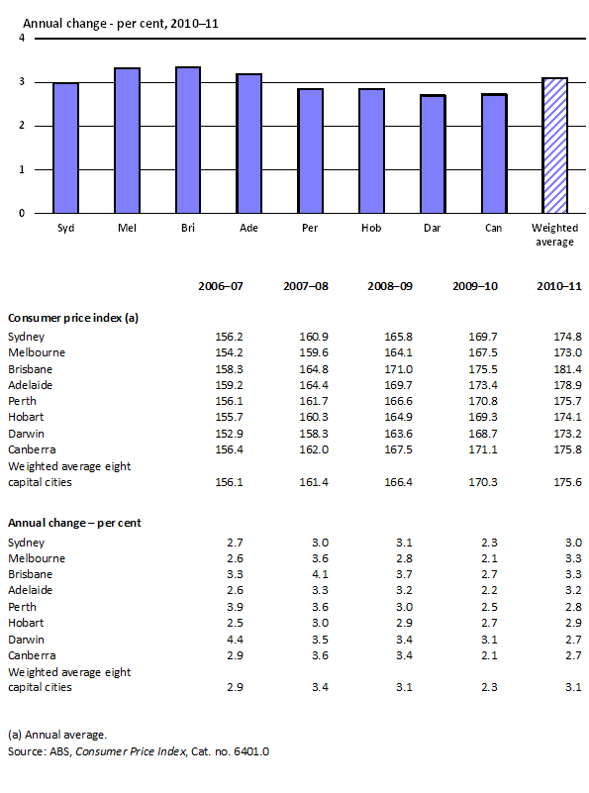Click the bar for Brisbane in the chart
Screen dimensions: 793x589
[187, 140]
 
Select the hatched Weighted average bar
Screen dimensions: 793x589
[555, 145]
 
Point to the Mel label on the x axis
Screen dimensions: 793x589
[126, 228]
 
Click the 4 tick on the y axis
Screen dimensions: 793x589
[22, 38]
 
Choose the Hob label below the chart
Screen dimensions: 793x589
[371, 228]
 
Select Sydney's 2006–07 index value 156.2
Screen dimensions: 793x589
[229, 337]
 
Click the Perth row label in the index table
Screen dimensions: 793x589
[23, 401]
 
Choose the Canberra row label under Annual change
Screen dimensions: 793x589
[32, 655]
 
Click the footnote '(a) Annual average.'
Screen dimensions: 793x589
[55, 734]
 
